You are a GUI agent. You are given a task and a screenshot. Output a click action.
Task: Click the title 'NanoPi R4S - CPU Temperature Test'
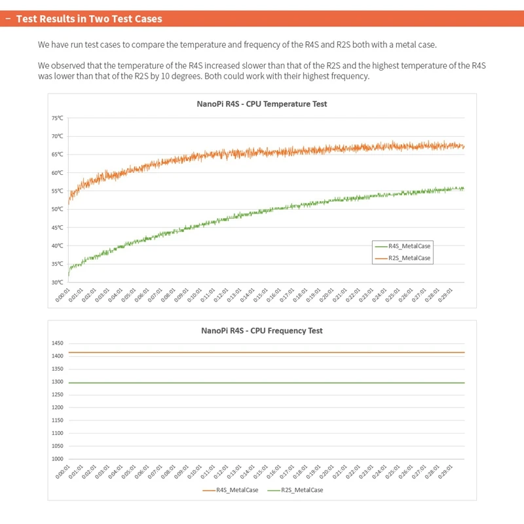pyautogui.click(x=262, y=104)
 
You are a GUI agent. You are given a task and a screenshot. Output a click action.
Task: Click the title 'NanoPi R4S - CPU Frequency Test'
pyautogui.click(x=262, y=331)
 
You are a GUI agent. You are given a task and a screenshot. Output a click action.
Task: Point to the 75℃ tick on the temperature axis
pyautogui.click(x=58, y=118)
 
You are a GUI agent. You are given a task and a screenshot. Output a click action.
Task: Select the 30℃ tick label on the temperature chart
pyautogui.click(x=58, y=282)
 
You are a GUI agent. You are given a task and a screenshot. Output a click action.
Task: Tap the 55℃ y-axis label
pyautogui.click(x=58, y=191)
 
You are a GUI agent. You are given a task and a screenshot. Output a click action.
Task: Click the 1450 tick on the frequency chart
pyautogui.click(x=57, y=343)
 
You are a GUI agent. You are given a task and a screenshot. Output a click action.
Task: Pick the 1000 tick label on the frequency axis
pyautogui.click(x=57, y=459)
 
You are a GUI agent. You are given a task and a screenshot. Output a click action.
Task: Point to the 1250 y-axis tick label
pyautogui.click(x=57, y=395)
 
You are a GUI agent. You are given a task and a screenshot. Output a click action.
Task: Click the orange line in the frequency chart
pyautogui.click(x=262, y=352)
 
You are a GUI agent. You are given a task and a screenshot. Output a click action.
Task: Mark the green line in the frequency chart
pyautogui.click(x=262, y=383)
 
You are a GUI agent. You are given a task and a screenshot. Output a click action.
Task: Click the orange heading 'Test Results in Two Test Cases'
pyautogui.click(x=89, y=18)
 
